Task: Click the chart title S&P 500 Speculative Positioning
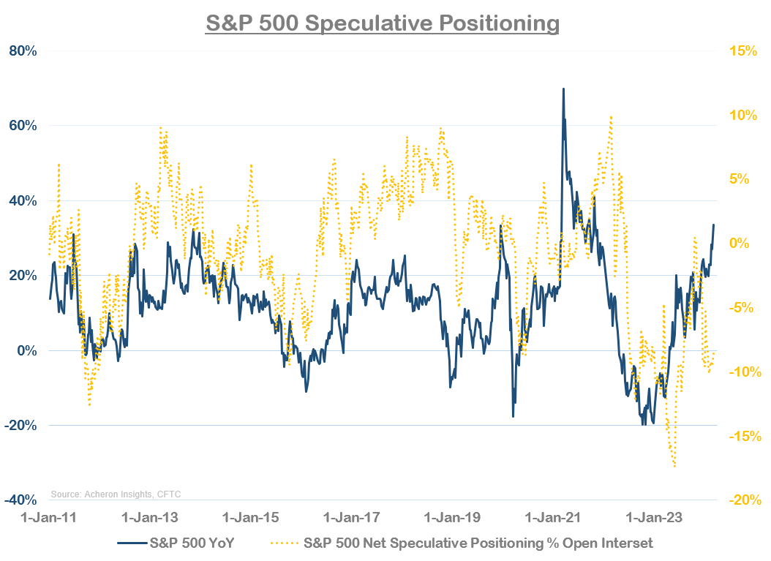click(x=382, y=23)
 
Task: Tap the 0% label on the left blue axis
click(x=27, y=351)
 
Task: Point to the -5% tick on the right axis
click(x=744, y=308)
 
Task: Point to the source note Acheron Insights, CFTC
click(x=116, y=494)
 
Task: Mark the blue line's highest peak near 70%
click(x=563, y=89)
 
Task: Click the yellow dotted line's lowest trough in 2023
click(x=674, y=467)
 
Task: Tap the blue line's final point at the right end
click(x=714, y=225)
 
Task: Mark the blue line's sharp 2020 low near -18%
click(x=513, y=416)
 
